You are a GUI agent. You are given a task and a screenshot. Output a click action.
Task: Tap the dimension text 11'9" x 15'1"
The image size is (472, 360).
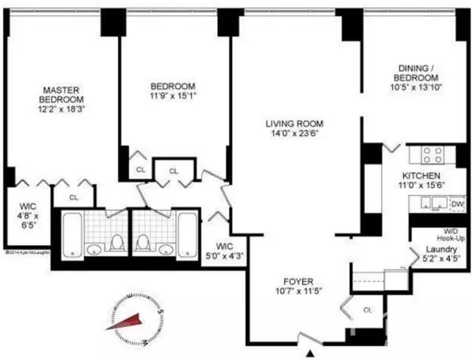point(171,97)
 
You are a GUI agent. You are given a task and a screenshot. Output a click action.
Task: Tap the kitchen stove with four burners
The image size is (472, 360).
point(431,154)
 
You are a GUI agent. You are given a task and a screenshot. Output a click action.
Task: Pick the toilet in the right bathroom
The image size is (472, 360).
point(145,243)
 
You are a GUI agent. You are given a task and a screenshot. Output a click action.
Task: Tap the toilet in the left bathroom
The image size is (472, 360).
point(116,243)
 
